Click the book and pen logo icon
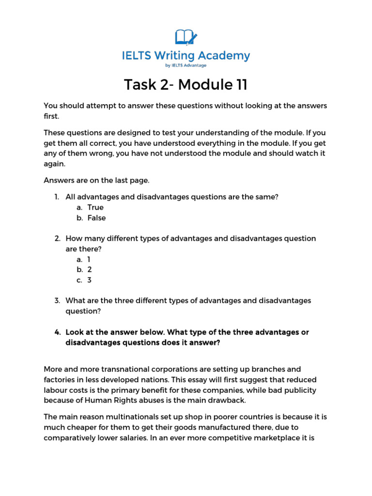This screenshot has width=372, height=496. pos(186,37)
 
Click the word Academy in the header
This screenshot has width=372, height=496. pos(225,56)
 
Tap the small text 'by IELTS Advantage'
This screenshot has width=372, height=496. pos(186,65)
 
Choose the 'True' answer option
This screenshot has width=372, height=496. pos(95,207)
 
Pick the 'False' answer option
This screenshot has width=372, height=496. pos(96,218)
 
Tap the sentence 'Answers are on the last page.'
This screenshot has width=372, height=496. pos(97,181)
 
